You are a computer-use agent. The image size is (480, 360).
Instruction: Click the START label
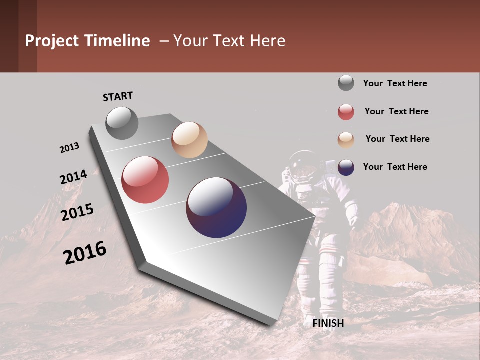pos(118,96)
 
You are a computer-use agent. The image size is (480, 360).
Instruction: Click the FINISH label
pos(328,323)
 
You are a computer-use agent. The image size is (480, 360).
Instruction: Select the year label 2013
pos(69,148)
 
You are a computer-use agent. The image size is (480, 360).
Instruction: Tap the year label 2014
pos(73,177)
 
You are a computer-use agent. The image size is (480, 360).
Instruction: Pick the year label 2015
pos(77,212)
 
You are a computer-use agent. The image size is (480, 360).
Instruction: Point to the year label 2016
pos(85,253)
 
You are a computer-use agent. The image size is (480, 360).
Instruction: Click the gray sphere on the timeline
pos(122,123)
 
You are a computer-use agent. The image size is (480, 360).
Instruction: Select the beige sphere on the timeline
pos(189,140)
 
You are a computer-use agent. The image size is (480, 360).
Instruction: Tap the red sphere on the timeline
pos(145,180)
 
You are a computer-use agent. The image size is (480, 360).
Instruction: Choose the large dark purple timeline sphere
pos(216,207)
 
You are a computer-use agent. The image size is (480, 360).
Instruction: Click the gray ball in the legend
pos(346,83)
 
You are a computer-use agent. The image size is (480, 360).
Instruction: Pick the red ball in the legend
pos(346,112)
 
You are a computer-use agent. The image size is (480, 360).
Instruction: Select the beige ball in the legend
pos(346,140)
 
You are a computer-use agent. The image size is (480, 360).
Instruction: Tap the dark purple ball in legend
pos(346,167)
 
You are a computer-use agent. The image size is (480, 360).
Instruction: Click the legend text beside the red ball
pos(396,111)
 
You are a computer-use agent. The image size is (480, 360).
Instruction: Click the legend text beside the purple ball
pos(395,167)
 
